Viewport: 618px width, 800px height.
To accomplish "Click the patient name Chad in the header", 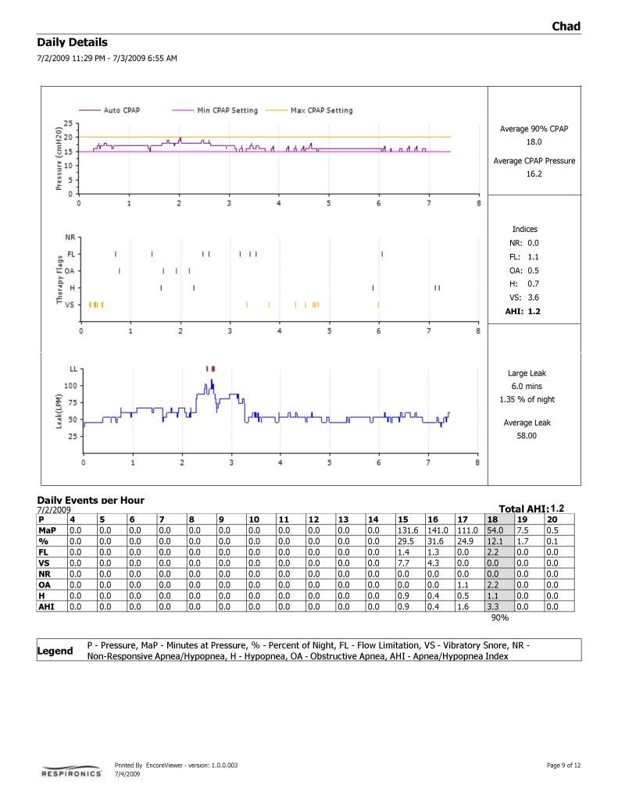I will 566,27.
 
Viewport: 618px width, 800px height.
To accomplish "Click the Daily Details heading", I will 72,43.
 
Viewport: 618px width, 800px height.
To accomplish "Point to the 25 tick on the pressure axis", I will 69,123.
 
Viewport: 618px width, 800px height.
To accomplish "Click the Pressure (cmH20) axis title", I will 58,159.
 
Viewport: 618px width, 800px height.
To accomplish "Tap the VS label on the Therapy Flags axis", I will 70,305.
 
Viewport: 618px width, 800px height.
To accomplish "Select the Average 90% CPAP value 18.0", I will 534,142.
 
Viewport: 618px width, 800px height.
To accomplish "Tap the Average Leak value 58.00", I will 527,436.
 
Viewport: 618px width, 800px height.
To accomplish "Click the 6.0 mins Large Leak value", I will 527,386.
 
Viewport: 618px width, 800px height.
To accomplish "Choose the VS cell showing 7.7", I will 409,562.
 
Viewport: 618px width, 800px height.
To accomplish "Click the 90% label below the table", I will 500,617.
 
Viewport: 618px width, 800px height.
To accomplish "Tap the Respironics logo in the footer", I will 71,773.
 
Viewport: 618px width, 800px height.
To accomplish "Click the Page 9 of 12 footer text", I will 563,765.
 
